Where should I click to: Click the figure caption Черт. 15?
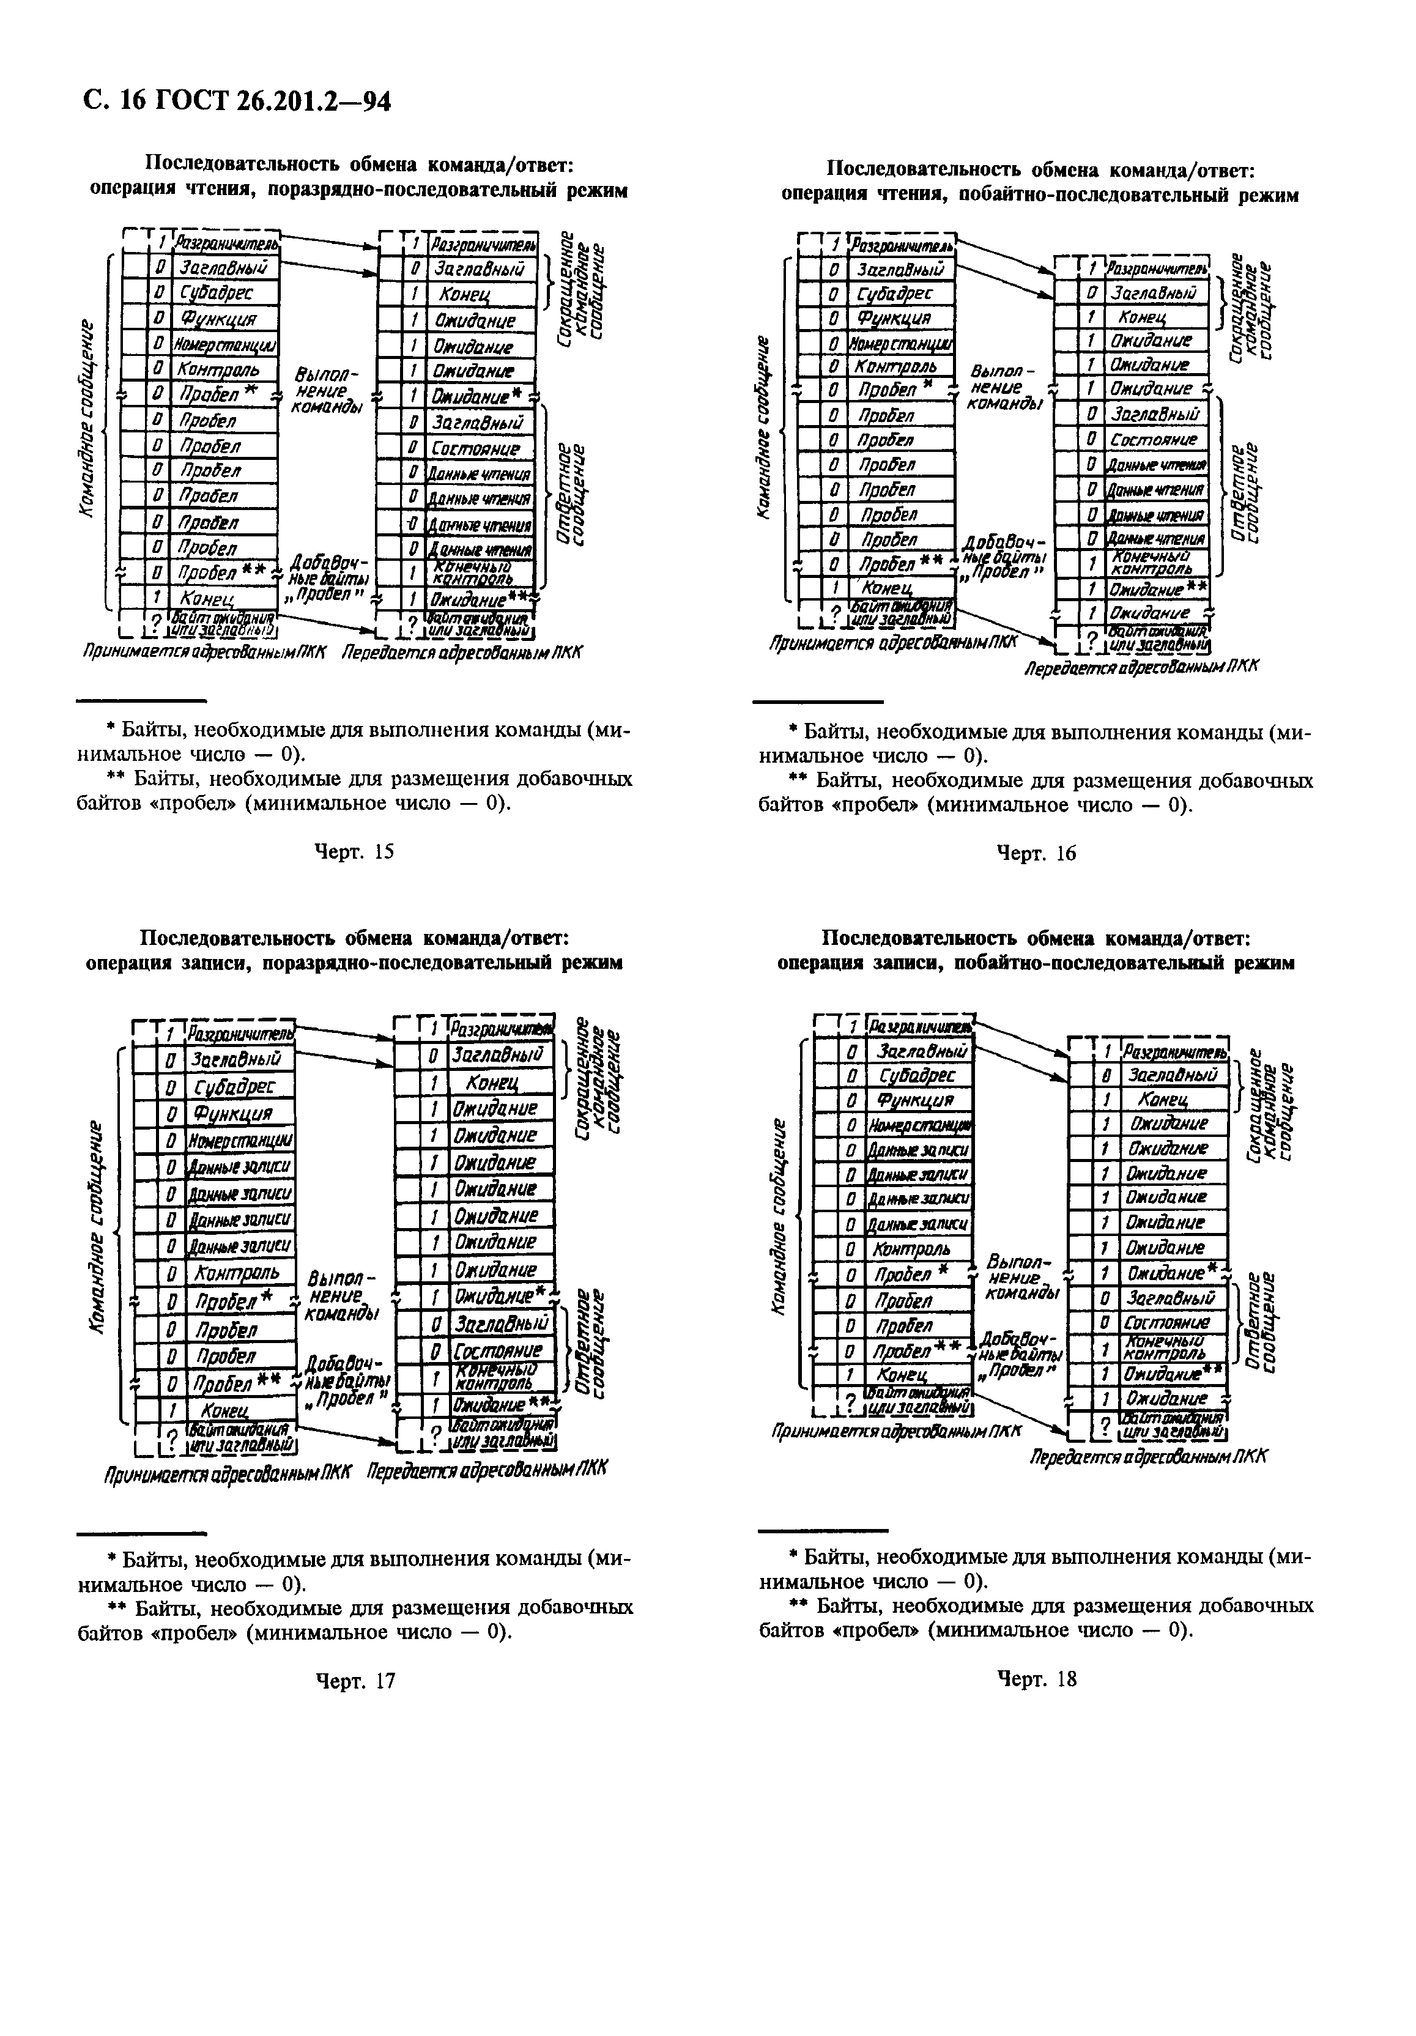[355, 851]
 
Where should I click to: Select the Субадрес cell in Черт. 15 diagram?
[217, 292]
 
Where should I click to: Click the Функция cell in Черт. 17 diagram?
[231, 1112]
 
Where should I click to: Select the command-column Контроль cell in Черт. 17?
[237, 1273]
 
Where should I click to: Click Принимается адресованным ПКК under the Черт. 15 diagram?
[204, 653]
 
